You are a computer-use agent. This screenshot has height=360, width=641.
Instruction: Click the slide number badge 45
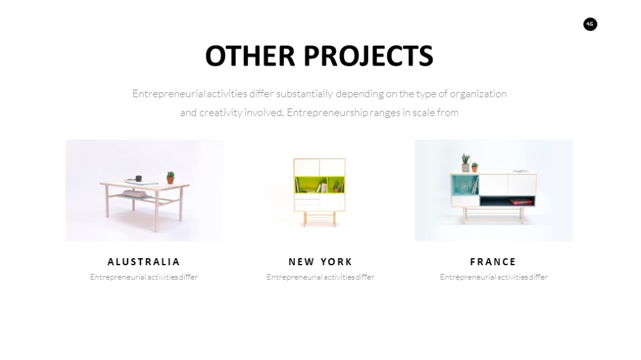(x=590, y=24)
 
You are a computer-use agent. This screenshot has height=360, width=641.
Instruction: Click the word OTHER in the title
(x=250, y=56)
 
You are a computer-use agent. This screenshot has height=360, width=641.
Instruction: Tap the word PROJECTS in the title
(x=369, y=56)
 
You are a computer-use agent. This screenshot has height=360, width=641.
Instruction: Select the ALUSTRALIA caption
(x=144, y=261)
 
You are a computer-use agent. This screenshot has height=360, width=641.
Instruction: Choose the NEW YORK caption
(x=320, y=261)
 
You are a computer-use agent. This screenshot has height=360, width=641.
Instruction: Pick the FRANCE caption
(x=493, y=261)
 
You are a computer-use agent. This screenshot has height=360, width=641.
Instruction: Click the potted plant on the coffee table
(x=171, y=177)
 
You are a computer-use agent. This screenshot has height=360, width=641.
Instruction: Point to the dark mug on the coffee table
(x=138, y=178)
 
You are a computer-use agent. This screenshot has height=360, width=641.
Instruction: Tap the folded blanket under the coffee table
(x=135, y=194)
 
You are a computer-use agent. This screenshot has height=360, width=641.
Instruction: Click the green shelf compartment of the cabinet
(x=319, y=184)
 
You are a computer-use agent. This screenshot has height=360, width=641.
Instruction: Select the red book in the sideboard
(x=520, y=201)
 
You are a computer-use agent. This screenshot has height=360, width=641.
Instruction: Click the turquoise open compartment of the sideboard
(x=464, y=185)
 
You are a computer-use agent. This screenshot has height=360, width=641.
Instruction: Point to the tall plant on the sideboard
(x=465, y=163)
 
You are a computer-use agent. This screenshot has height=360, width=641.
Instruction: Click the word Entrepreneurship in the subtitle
(x=327, y=112)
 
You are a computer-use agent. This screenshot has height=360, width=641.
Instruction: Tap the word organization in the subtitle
(x=478, y=94)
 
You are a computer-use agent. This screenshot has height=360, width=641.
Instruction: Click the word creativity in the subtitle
(x=221, y=112)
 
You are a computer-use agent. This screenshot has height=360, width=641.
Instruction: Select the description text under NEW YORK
(x=320, y=277)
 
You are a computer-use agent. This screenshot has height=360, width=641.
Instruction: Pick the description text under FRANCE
(x=494, y=277)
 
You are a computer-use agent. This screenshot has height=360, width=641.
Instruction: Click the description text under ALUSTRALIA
(x=144, y=277)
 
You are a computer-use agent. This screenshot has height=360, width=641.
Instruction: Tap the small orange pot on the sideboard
(x=474, y=168)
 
